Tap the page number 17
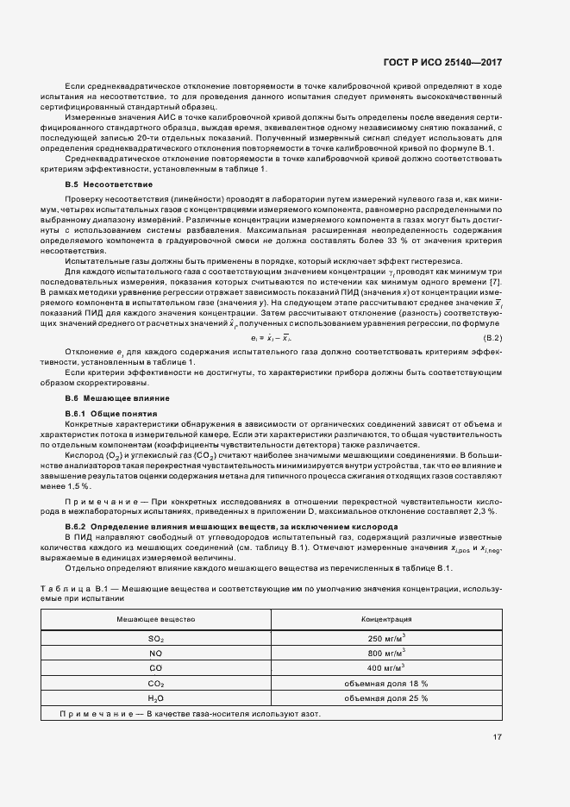pos(498,737)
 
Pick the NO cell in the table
pos(156,653)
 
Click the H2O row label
pos(156,698)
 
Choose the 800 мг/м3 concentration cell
pos(386,653)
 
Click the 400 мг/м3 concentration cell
pos(386,667)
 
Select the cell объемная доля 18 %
pos(386,683)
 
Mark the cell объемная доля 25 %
pos(386,698)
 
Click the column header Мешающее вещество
pos(156,619)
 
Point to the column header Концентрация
pos(386,619)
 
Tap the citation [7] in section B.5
pos(496,283)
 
